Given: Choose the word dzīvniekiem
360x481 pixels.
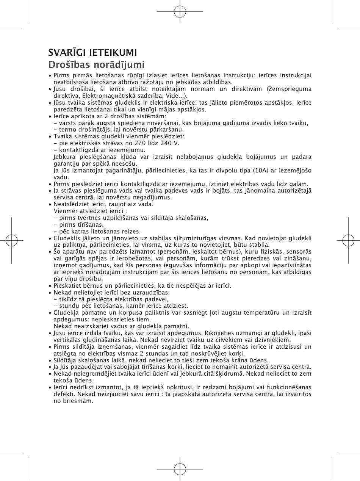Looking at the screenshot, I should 272,340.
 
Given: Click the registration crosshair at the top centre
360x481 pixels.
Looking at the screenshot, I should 180,11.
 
